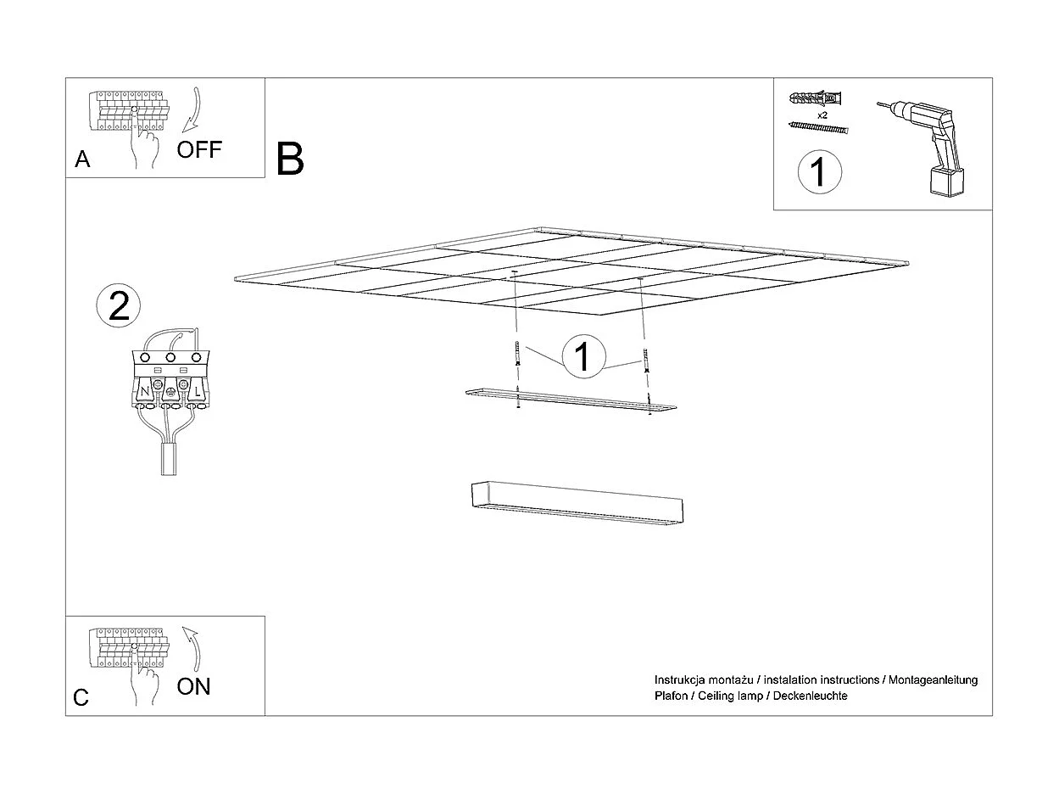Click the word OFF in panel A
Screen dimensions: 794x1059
(199, 150)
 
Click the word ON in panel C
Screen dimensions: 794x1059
(194, 686)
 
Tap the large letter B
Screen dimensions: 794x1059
(290, 159)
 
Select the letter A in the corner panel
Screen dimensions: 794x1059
(82, 159)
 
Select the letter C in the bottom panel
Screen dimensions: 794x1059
(81, 698)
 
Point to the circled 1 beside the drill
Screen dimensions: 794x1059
(819, 171)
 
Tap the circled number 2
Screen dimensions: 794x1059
(119, 305)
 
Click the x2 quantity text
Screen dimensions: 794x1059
(822, 114)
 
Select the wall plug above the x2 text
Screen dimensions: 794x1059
(817, 96)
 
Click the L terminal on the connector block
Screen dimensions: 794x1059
(197, 392)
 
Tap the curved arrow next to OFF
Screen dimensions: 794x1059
(193, 108)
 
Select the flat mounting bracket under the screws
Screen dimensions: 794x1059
(571, 399)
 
